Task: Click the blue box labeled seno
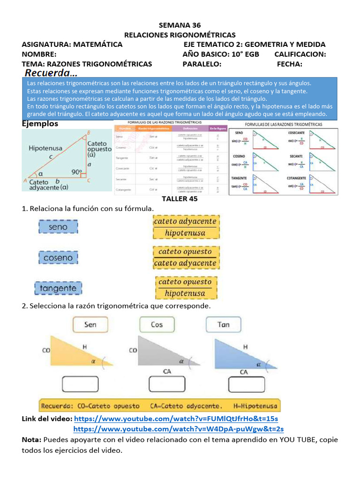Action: point(58,227)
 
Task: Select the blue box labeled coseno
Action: point(58,258)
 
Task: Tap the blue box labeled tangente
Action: point(58,288)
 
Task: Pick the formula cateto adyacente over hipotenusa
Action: point(185,227)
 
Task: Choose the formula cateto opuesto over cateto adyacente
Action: point(185,257)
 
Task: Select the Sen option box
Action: point(90,324)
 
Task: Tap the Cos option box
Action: point(157,324)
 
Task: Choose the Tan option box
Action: point(224,324)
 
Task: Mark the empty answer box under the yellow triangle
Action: point(82,385)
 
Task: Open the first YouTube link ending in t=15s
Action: point(176,418)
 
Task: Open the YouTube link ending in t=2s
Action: point(179,429)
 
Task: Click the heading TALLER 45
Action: point(180,199)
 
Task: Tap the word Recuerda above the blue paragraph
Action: point(51,73)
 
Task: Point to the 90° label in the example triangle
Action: point(77,172)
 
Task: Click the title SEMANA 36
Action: point(180,25)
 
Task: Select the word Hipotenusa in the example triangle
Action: point(45,148)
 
